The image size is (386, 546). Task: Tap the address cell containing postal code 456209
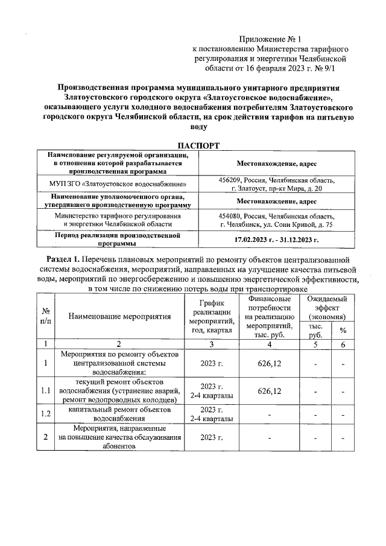coord(277,184)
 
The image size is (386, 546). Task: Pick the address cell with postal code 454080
coord(277,220)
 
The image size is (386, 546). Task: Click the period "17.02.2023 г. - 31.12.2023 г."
coord(277,240)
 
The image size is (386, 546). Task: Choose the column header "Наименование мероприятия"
coord(119,316)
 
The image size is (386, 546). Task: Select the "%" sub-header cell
coord(343,330)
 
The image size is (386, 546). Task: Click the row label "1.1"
coord(46,391)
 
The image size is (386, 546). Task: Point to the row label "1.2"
coord(46,414)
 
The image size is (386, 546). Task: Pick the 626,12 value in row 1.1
coord(270,391)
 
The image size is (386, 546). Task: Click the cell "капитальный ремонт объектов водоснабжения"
coord(119,414)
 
